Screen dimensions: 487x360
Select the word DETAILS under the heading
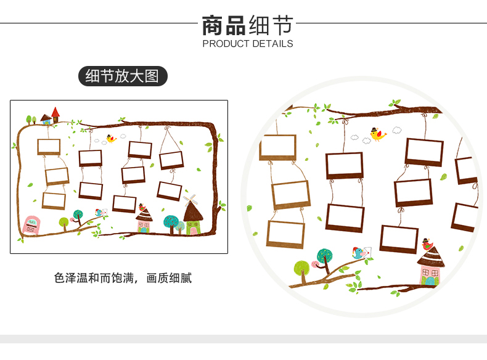tap(271, 44)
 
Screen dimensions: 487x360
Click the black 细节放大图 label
tap(123, 76)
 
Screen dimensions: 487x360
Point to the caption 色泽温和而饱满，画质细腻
tap(123, 278)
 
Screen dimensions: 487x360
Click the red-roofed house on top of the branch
tap(55, 114)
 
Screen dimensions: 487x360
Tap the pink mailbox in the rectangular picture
tap(30, 224)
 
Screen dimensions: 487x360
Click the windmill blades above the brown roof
tap(191, 200)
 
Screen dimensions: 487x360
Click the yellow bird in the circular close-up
tap(377, 134)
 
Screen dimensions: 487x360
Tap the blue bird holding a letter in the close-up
tap(358, 252)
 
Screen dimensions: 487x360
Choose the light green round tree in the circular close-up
tap(301, 268)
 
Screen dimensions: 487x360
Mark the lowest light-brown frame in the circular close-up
tap(285, 234)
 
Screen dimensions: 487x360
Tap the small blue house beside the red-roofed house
tap(46, 118)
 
